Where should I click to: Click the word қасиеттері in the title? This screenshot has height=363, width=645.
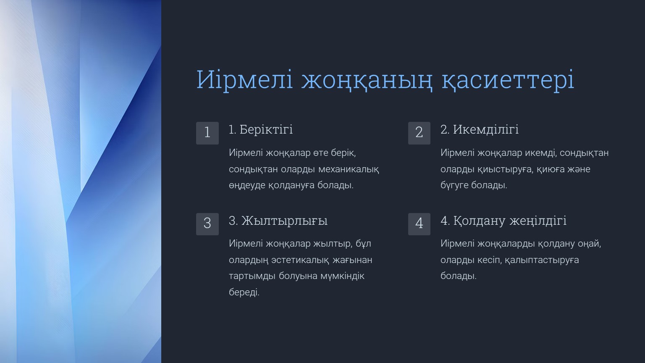pos(508,79)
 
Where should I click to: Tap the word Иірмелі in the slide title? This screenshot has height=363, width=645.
pos(245,79)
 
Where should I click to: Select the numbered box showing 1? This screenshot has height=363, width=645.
pos(207,133)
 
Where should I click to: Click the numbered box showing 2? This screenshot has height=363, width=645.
pos(419,133)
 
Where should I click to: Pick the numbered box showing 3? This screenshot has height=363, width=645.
pos(207,224)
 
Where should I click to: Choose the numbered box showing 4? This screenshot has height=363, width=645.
pos(419,224)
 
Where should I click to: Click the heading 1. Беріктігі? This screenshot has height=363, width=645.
pos(261,130)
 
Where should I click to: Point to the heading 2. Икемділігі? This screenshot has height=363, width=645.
pos(480,130)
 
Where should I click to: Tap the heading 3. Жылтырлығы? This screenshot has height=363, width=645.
pos(278,221)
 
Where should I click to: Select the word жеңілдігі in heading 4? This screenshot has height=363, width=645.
pos(538,221)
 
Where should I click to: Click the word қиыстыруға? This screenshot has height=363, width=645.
pos(504,169)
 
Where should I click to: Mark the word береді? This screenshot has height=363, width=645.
pos(244,292)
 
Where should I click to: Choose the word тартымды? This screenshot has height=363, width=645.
pos(252,276)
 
